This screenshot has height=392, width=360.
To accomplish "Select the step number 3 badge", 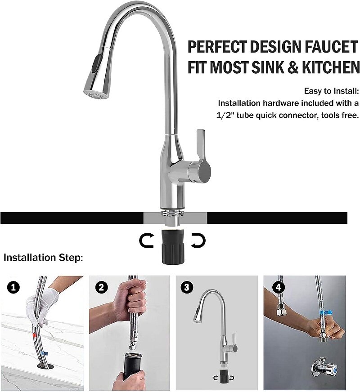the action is tap(186, 287).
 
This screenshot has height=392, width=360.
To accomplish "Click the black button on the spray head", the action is tap(95, 64).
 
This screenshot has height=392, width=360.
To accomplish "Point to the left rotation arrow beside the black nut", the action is tap(146, 240).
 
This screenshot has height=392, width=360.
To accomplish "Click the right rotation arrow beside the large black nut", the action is tap(198, 241).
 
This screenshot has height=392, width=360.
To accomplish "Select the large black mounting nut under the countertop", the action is tap(173, 247).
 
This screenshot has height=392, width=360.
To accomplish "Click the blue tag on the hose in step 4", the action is tap(327, 312).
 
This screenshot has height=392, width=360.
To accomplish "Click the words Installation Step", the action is tap(43, 258).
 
